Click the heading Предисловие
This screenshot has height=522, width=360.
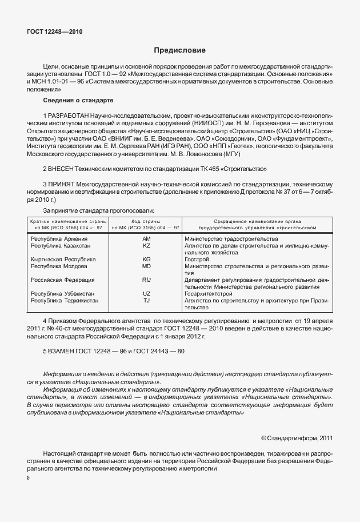coord(179,50)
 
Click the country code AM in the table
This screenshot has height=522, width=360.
coord(146,238)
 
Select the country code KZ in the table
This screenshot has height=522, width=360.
coord(146,245)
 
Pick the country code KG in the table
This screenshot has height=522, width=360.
coord(146,259)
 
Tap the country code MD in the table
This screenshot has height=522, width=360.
coord(146,266)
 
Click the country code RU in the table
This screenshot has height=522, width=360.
coord(146,280)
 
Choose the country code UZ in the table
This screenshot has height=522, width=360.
coord(146,293)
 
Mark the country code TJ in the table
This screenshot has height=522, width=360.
coord(146,300)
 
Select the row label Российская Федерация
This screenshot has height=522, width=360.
coord(62,280)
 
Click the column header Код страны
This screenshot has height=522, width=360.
coord(146,221)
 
